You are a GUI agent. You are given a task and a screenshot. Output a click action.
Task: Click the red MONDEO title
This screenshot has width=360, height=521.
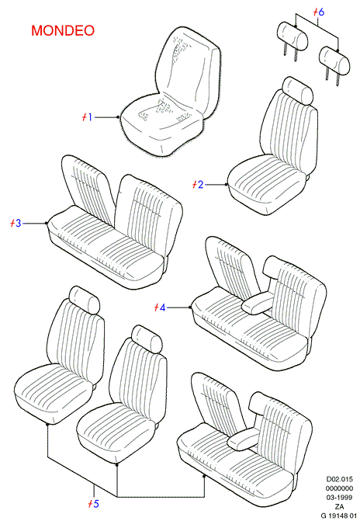point(63,30)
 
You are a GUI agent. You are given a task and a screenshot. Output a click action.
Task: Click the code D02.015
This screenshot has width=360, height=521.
point(339,480)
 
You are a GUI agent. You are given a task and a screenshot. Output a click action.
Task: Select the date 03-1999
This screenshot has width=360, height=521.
point(339,498)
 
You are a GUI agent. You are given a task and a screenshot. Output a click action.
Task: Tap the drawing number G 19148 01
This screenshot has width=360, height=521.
point(339,516)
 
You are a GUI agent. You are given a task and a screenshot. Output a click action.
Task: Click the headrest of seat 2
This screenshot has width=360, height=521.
point(297,90)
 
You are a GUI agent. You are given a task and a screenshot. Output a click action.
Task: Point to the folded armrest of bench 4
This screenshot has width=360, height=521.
point(258,303)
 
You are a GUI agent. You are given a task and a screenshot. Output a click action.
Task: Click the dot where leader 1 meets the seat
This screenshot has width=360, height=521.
point(118,117)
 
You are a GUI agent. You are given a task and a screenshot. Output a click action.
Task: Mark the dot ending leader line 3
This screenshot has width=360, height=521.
point(47,224)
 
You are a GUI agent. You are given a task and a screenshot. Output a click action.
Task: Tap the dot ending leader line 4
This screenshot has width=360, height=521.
point(190,307)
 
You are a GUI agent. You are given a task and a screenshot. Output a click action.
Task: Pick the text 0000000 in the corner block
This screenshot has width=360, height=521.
point(339,488)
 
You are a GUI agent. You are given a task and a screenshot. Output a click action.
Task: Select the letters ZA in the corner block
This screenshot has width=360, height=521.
point(339,507)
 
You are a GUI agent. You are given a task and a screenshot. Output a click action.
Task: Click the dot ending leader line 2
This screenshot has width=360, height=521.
point(227,185)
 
